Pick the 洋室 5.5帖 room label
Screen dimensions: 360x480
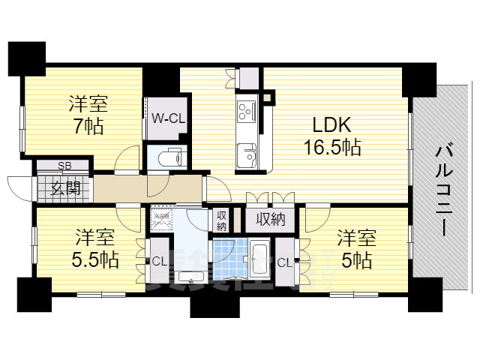pyautogui.click(x=94, y=250)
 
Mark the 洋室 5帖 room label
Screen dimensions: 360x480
pyautogui.click(x=354, y=250)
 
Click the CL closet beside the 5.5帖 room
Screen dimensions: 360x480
pyautogui.click(x=159, y=262)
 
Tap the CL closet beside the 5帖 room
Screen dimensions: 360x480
pyautogui.click(x=284, y=262)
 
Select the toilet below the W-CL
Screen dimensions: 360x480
pyautogui.click(x=169, y=157)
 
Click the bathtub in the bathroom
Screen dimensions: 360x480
pyautogui.click(x=259, y=259)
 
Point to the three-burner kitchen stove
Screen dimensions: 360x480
pyautogui.click(x=246, y=112)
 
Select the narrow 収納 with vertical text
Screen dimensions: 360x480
pyautogui.click(x=221, y=220)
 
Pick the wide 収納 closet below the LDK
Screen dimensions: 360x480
pyautogui.click(x=268, y=219)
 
